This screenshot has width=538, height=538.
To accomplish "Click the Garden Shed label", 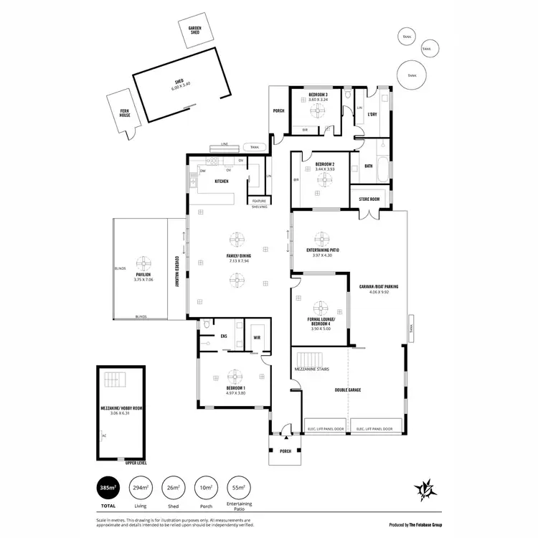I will [x=194, y=30].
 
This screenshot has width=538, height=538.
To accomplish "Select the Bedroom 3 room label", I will [x=318, y=95].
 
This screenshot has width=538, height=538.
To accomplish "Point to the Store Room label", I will [x=369, y=199].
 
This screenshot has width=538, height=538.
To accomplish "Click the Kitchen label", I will [x=221, y=181].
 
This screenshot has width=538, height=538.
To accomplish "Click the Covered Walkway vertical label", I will [x=176, y=272].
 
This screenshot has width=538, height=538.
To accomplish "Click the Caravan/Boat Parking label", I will [x=378, y=286].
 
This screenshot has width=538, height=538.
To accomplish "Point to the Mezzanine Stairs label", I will [x=311, y=369].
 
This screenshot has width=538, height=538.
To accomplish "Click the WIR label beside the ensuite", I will [x=256, y=336].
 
